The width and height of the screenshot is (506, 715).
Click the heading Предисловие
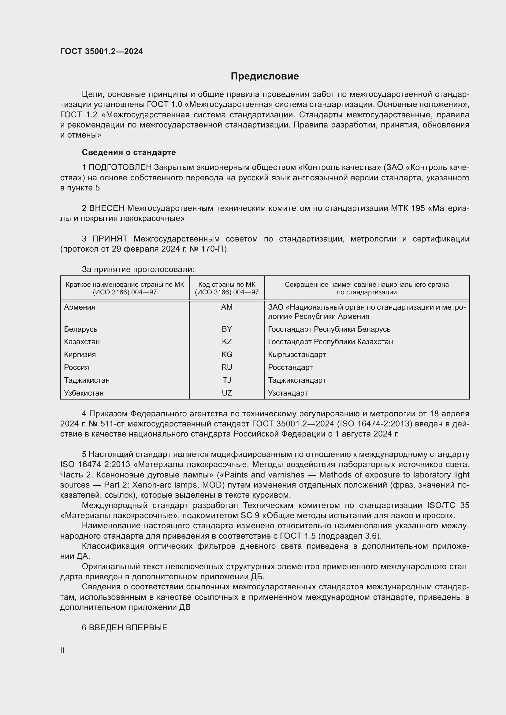click(x=265, y=76)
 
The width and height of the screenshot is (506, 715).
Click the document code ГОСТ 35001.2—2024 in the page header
click(x=102, y=52)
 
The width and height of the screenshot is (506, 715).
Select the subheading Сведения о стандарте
click(x=129, y=152)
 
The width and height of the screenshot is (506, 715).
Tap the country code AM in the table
click(x=226, y=307)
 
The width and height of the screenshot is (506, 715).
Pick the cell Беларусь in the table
click(x=81, y=329)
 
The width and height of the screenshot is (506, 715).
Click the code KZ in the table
click(x=226, y=342)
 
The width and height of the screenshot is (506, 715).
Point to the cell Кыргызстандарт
click(x=297, y=354)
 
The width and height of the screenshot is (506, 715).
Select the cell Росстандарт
click(x=290, y=367)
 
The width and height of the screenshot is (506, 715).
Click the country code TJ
click(x=226, y=380)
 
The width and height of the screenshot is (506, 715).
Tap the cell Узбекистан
click(x=84, y=393)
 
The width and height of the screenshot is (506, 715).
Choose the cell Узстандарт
click(x=288, y=393)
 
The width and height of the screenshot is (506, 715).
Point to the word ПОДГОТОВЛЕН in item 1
click(x=120, y=168)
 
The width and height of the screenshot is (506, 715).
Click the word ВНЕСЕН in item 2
click(x=107, y=208)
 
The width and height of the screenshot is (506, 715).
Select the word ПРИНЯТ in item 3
click(x=110, y=239)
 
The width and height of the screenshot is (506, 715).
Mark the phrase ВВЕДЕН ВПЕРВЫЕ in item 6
click(x=128, y=628)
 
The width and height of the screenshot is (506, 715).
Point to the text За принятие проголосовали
click(x=138, y=269)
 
